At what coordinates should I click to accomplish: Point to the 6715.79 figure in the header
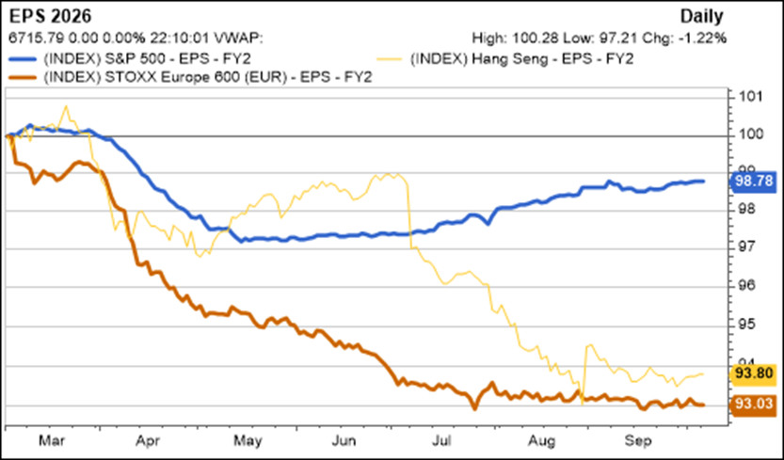pyautogui.click(x=29, y=39)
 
